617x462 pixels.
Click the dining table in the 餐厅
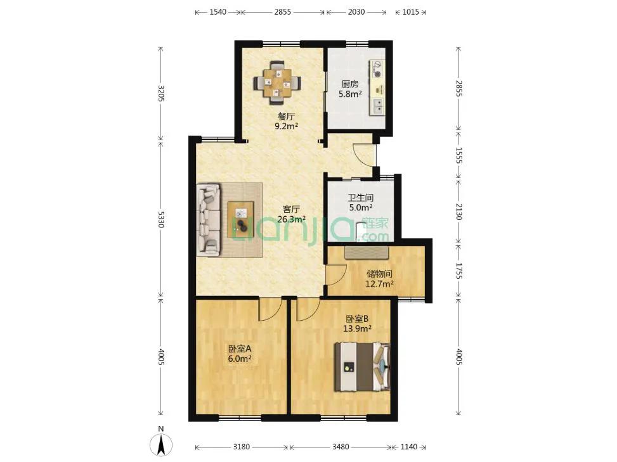click(x=277, y=82)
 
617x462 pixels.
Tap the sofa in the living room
click(x=208, y=220)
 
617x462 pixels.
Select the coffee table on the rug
click(x=241, y=219)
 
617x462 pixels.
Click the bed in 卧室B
click(x=362, y=367)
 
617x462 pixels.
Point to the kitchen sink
click(x=377, y=106)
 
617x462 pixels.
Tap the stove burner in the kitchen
click(x=377, y=69)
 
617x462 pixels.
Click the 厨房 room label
click(x=350, y=84)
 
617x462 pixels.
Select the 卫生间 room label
click(x=360, y=197)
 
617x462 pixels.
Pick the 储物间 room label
click(x=379, y=274)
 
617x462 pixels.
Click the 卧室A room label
click(x=240, y=349)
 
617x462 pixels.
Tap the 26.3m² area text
click(x=291, y=219)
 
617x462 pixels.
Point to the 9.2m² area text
click(x=286, y=126)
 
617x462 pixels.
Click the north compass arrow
click(x=161, y=445)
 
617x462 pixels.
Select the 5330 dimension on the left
click(x=160, y=219)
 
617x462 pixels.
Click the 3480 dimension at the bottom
click(x=341, y=447)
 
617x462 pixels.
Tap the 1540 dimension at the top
click(x=218, y=12)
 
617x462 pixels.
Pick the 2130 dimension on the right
click(x=458, y=212)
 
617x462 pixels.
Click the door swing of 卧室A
click(x=270, y=309)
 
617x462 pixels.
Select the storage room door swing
click(x=335, y=274)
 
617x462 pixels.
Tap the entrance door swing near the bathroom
click(x=364, y=155)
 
